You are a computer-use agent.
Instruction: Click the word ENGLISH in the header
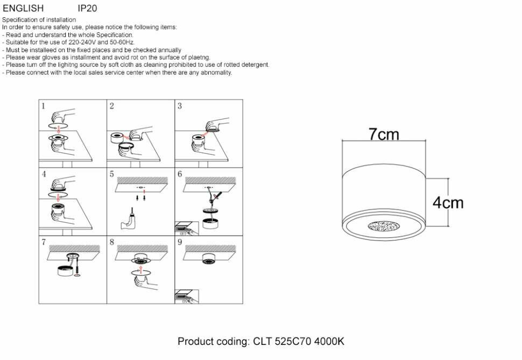[23, 9]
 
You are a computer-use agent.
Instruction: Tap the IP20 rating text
[87, 9]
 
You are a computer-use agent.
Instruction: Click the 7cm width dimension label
[384, 135]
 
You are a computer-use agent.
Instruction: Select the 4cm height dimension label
[448, 203]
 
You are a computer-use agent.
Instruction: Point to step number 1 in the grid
[44, 106]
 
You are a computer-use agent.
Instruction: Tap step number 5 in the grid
[112, 174]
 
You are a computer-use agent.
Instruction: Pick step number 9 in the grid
[180, 242]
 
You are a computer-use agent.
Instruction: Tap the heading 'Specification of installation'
[39, 20]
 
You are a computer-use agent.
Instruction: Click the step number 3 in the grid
[180, 106]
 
